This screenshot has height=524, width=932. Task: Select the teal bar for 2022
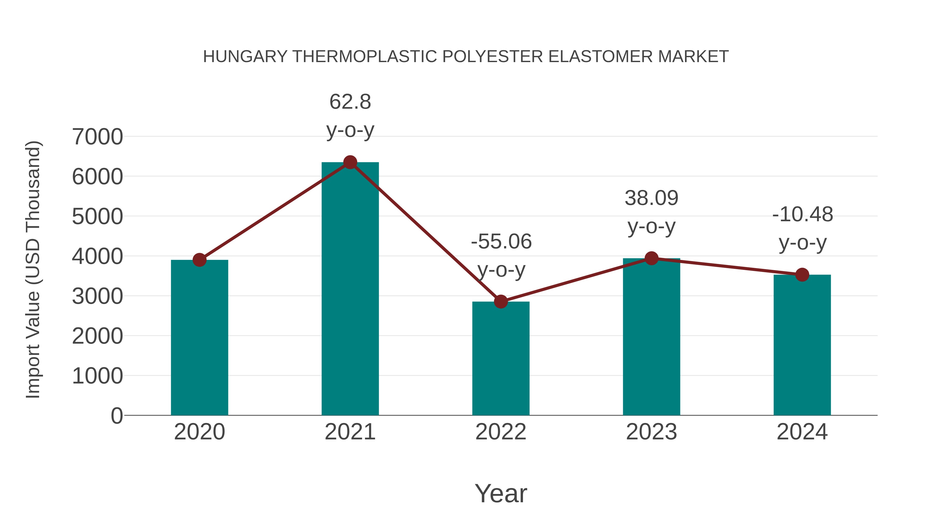501,358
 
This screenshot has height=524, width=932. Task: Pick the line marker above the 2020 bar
199,260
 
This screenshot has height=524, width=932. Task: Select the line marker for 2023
651,258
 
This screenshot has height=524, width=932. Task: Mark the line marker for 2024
802,275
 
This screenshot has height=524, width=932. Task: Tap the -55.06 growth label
501,242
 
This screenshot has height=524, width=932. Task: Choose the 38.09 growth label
651,198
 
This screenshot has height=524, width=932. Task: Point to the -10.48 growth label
803,215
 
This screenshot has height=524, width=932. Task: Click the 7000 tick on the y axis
97,137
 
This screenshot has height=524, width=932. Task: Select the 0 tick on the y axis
116,416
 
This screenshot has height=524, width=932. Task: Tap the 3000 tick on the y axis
97,296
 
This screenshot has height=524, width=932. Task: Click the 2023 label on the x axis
651,432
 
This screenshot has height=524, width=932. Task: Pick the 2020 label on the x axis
199,432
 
